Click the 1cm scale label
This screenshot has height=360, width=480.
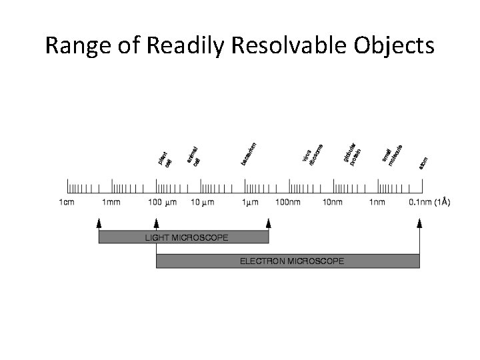coord(67,203)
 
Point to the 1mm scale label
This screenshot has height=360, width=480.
coord(111,203)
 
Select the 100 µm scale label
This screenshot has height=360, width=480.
coord(162,203)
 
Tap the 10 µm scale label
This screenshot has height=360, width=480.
coord(203,203)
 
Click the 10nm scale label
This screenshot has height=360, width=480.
coord(333,203)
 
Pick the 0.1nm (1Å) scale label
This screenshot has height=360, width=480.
coord(427,203)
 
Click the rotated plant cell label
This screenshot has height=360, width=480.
coord(164,159)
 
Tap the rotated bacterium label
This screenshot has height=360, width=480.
coord(249,153)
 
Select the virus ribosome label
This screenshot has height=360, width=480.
coord(313,154)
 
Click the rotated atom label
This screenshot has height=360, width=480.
coord(423,162)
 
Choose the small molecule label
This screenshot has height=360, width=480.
coord(392,155)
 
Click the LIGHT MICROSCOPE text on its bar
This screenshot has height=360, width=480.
coord(187,237)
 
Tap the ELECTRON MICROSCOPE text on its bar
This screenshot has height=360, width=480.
coord(292,261)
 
